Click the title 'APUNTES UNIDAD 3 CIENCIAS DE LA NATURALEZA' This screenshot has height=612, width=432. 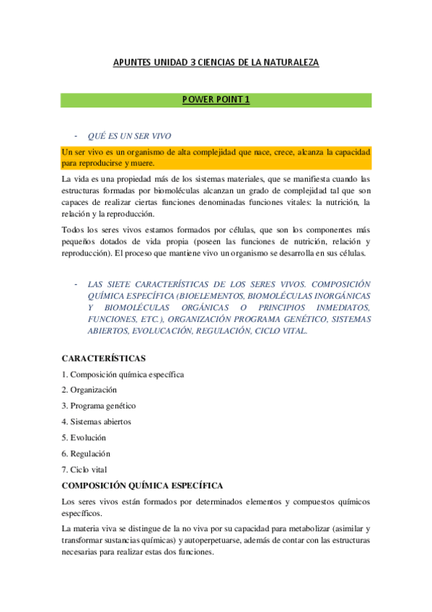click(x=216, y=63)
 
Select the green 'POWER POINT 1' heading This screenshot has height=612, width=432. click(x=216, y=100)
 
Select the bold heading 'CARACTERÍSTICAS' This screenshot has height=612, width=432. click(x=104, y=358)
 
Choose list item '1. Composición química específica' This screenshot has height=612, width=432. click(x=123, y=374)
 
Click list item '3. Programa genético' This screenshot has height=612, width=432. click(x=98, y=406)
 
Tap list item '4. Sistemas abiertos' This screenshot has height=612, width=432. click(x=96, y=421)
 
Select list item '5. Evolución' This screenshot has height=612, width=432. click(x=84, y=437)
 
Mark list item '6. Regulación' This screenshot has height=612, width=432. click(x=86, y=453)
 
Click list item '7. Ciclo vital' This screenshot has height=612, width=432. click(x=84, y=469)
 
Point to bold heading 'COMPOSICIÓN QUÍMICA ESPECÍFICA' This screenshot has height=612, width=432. click(x=142, y=486)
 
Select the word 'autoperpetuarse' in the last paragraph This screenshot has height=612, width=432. click(x=205, y=541)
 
